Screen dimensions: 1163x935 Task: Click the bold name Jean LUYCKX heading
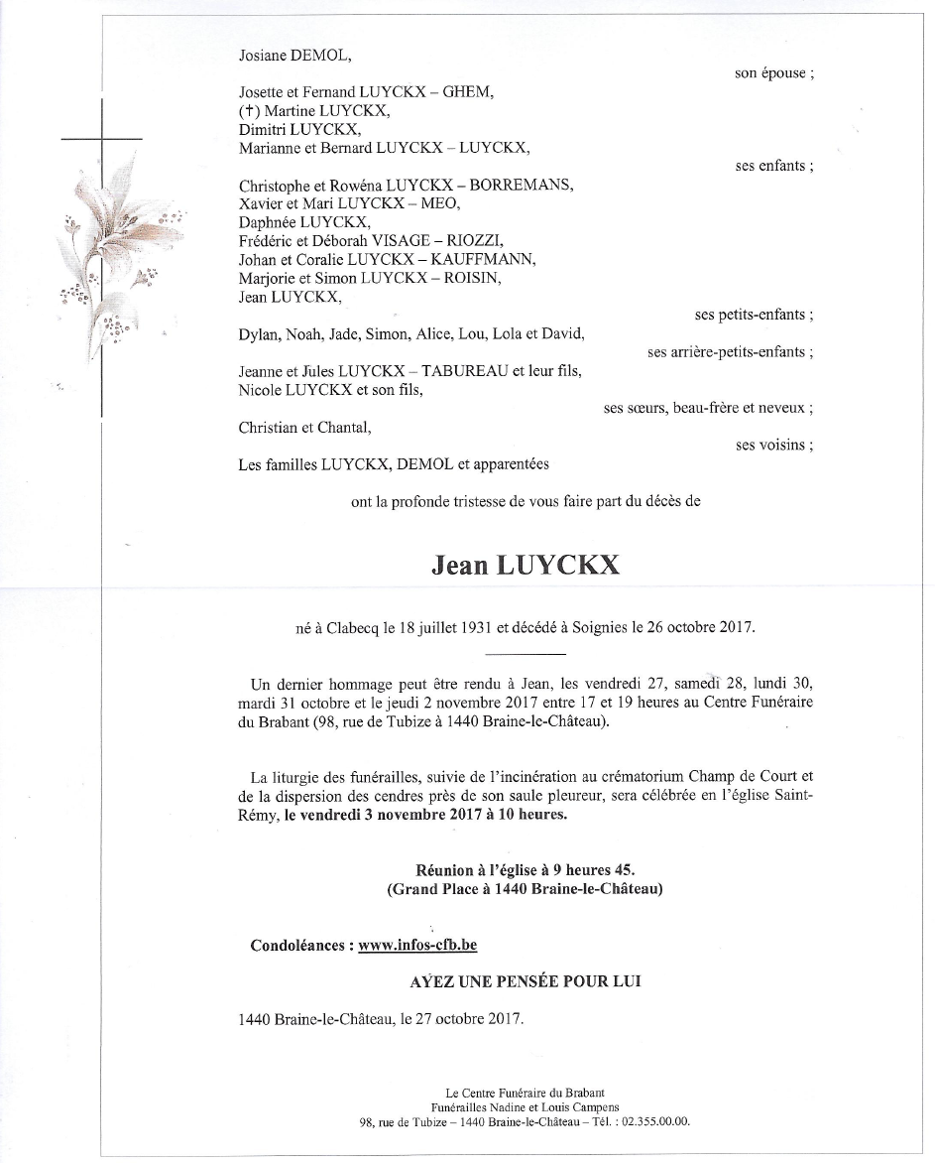click(x=526, y=566)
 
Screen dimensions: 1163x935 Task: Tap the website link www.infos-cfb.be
click(x=417, y=946)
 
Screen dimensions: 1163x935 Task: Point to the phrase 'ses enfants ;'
click(x=774, y=166)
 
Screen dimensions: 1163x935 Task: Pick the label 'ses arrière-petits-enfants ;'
click(x=731, y=352)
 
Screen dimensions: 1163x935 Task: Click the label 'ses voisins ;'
click(x=774, y=446)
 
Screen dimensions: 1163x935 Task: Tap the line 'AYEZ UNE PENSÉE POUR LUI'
click(x=526, y=981)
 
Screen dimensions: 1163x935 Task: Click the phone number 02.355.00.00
click(x=655, y=1121)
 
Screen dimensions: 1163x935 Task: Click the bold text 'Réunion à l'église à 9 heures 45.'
click(x=525, y=870)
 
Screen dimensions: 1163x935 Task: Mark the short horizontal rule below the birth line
click(x=526, y=656)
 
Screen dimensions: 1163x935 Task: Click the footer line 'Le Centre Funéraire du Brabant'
click(x=526, y=1094)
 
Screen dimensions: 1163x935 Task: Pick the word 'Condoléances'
click(x=297, y=946)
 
